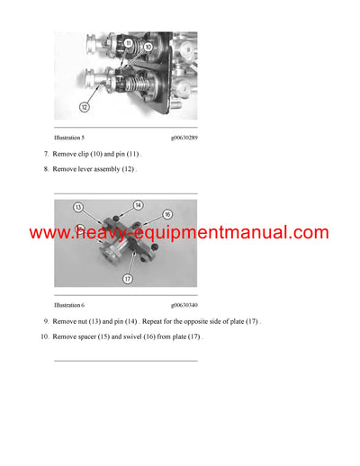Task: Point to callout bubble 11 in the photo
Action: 129,43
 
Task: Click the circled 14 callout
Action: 139,205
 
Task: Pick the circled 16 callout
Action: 166,214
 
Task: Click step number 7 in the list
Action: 46,155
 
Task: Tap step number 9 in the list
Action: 46,321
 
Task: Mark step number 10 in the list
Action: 44,336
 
